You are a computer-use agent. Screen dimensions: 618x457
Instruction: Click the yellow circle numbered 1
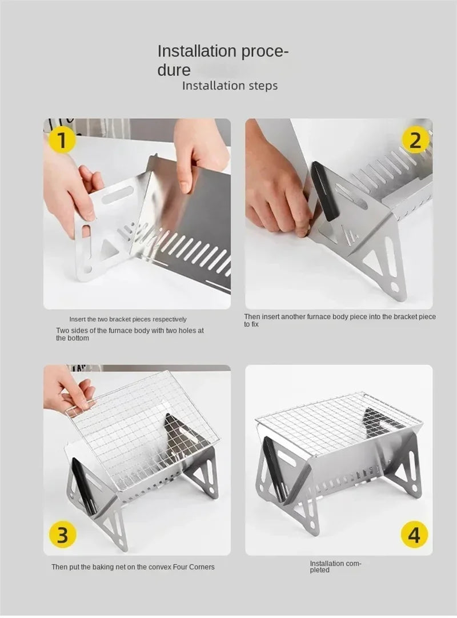tap(62, 140)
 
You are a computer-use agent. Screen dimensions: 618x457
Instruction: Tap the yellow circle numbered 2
tap(415, 140)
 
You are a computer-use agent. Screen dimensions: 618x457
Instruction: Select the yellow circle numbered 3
tap(62, 535)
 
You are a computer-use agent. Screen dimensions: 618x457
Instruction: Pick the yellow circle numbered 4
tap(414, 535)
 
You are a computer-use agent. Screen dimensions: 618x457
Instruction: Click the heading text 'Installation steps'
tap(230, 86)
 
